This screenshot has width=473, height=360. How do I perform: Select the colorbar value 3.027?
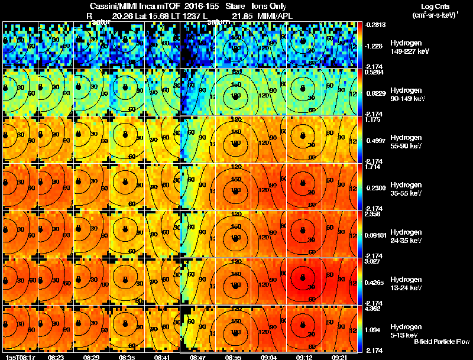pos(375,261)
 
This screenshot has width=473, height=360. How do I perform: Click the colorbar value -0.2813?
pos(376,25)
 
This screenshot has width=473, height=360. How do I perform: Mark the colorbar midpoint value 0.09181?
pos(377,235)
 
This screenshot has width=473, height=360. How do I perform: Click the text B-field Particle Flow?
pos(441,342)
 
